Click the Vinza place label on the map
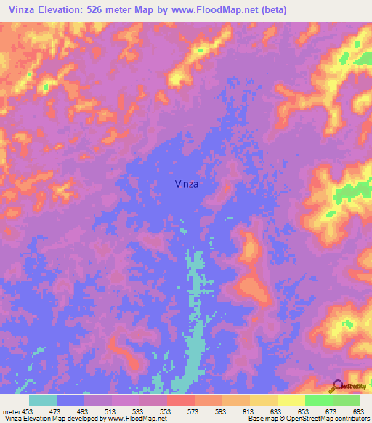pos(187,184)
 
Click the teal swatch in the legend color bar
pos(43,400)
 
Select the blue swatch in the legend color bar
pos(70,400)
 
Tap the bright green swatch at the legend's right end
pos(347,400)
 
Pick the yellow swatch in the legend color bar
pos(291,400)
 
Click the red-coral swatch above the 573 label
pos(181,400)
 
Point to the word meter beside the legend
pos(12,412)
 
